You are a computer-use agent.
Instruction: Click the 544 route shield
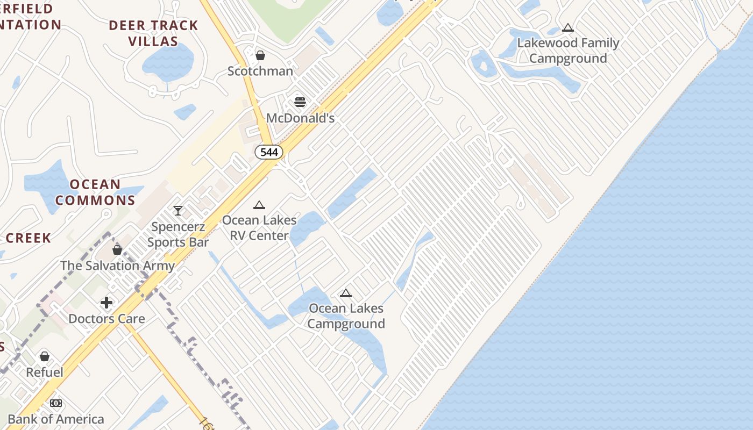click(x=269, y=152)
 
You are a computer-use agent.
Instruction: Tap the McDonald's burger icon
click(x=300, y=102)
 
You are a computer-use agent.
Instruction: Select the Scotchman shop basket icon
click(x=260, y=55)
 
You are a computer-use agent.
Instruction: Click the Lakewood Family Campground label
click(x=568, y=51)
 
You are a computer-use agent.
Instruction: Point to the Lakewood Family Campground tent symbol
click(x=568, y=28)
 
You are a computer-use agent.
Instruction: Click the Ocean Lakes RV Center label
click(x=259, y=228)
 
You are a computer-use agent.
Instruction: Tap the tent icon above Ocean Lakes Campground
click(x=346, y=293)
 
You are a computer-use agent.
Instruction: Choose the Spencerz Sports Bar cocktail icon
click(x=178, y=210)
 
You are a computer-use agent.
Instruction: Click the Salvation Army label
click(x=117, y=266)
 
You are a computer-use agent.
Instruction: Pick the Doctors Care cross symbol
click(x=106, y=303)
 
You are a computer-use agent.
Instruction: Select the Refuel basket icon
click(x=45, y=356)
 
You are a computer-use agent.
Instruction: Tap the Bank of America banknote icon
click(x=56, y=403)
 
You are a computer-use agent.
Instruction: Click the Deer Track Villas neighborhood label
click(x=153, y=33)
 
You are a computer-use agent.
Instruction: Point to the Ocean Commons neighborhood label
click(x=95, y=192)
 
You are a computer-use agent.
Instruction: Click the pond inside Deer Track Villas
click(x=168, y=60)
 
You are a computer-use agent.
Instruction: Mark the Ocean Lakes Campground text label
click(x=346, y=316)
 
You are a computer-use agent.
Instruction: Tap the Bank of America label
click(x=56, y=419)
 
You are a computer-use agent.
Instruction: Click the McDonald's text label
click(x=300, y=118)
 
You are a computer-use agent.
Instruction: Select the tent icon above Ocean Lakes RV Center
click(x=259, y=205)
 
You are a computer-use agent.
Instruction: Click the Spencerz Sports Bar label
click(x=178, y=234)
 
